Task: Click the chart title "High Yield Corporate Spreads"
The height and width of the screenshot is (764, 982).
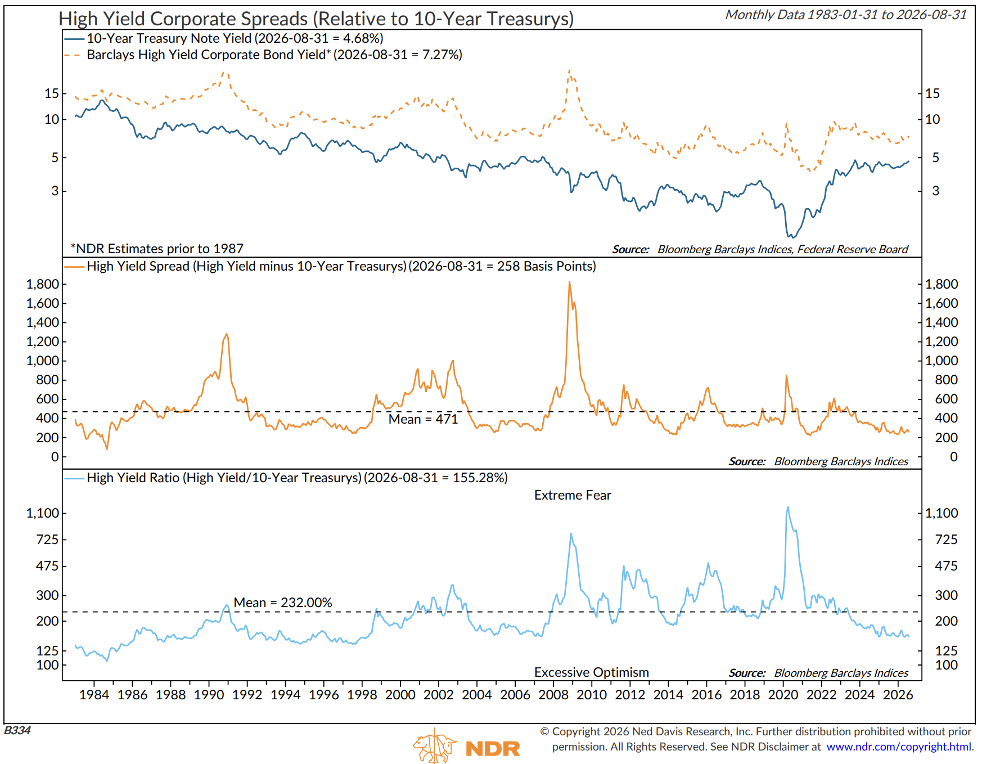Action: (x=184, y=19)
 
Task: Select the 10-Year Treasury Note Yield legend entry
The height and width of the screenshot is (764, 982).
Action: (x=224, y=38)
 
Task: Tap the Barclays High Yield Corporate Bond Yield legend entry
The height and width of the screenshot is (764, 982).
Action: (x=263, y=55)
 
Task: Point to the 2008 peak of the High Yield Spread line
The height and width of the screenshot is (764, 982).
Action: (x=569, y=282)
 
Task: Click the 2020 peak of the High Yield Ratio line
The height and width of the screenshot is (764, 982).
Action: (x=787, y=507)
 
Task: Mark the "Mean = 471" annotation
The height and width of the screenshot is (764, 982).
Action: (x=423, y=419)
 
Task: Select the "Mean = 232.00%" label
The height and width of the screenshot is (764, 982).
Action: (x=283, y=603)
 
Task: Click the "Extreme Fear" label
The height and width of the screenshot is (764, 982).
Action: (x=573, y=495)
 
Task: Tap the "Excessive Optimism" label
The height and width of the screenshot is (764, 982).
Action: (x=592, y=672)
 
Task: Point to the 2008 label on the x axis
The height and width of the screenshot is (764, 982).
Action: (x=553, y=695)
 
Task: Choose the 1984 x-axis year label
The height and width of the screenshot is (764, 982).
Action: (x=94, y=695)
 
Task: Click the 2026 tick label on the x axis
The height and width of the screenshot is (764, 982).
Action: (x=898, y=695)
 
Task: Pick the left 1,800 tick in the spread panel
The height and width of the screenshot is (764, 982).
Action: (x=43, y=284)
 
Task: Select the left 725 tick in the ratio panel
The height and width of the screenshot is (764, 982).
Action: (x=47, y=540)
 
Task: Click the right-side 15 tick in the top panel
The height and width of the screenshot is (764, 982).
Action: (x=933, y=93)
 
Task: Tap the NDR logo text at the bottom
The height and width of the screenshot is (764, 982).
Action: (x=493, y=749)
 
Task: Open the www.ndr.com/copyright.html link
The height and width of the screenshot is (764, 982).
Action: (x=900, y=747)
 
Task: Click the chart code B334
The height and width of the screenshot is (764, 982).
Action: (x=17, y=730)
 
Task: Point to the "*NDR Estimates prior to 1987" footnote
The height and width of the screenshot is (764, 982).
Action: (x=157, y=249)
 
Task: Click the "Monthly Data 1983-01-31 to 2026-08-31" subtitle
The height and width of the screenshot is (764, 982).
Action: (x=846, y=15)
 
